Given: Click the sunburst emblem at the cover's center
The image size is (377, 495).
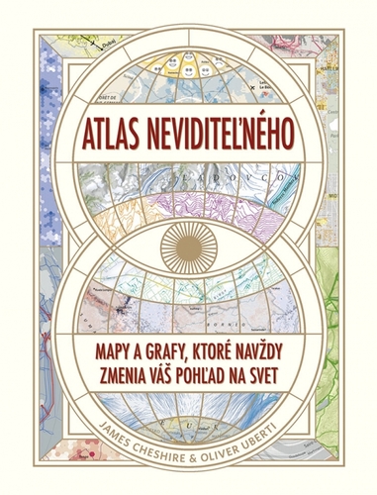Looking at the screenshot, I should (x=189, y=243).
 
